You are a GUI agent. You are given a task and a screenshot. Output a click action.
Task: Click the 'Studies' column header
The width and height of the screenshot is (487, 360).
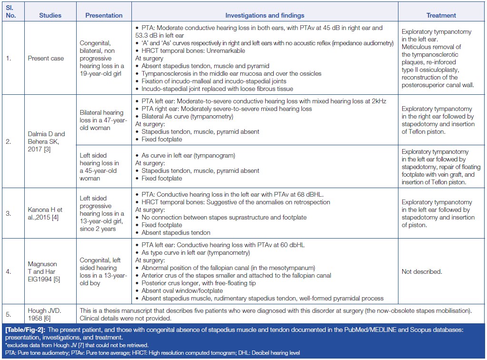coord(50,15)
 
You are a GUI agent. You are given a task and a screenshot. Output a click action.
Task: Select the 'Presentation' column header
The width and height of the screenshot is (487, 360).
coord(104,15)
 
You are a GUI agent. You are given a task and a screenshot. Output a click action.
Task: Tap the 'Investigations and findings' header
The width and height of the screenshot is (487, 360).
coord(265,15)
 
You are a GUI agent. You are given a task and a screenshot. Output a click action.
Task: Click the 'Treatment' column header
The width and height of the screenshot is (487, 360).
coord(441,15)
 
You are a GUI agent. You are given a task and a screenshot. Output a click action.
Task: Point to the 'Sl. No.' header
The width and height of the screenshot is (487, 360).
coord(10,12)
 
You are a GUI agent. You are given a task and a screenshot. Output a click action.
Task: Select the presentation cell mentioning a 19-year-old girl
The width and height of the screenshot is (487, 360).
coord(104,59)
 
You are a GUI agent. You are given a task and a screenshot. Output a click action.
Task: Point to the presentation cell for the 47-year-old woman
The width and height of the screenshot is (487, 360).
coord(104,120)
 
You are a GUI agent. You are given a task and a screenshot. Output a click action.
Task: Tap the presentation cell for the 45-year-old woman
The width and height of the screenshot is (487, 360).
coord(104,167)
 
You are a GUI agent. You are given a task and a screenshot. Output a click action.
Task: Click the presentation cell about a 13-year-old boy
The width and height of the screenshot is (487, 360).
coord(104,272)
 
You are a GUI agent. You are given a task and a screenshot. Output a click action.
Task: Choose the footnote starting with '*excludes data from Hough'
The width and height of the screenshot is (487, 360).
coord(78,345)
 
